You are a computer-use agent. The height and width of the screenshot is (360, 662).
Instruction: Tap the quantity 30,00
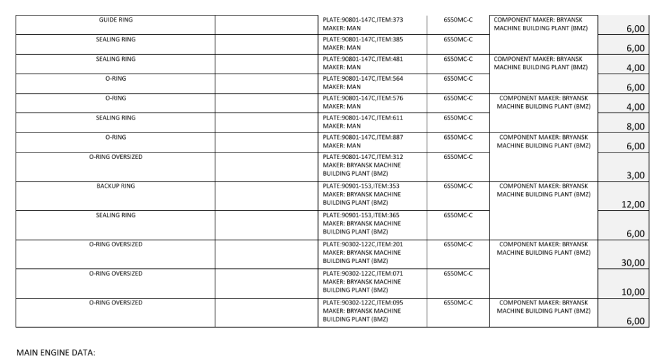tap(633, 262)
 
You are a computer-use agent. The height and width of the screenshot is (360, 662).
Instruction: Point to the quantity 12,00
tap(633, 204)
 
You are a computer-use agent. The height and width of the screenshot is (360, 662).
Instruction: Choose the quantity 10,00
tap(633, 291)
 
